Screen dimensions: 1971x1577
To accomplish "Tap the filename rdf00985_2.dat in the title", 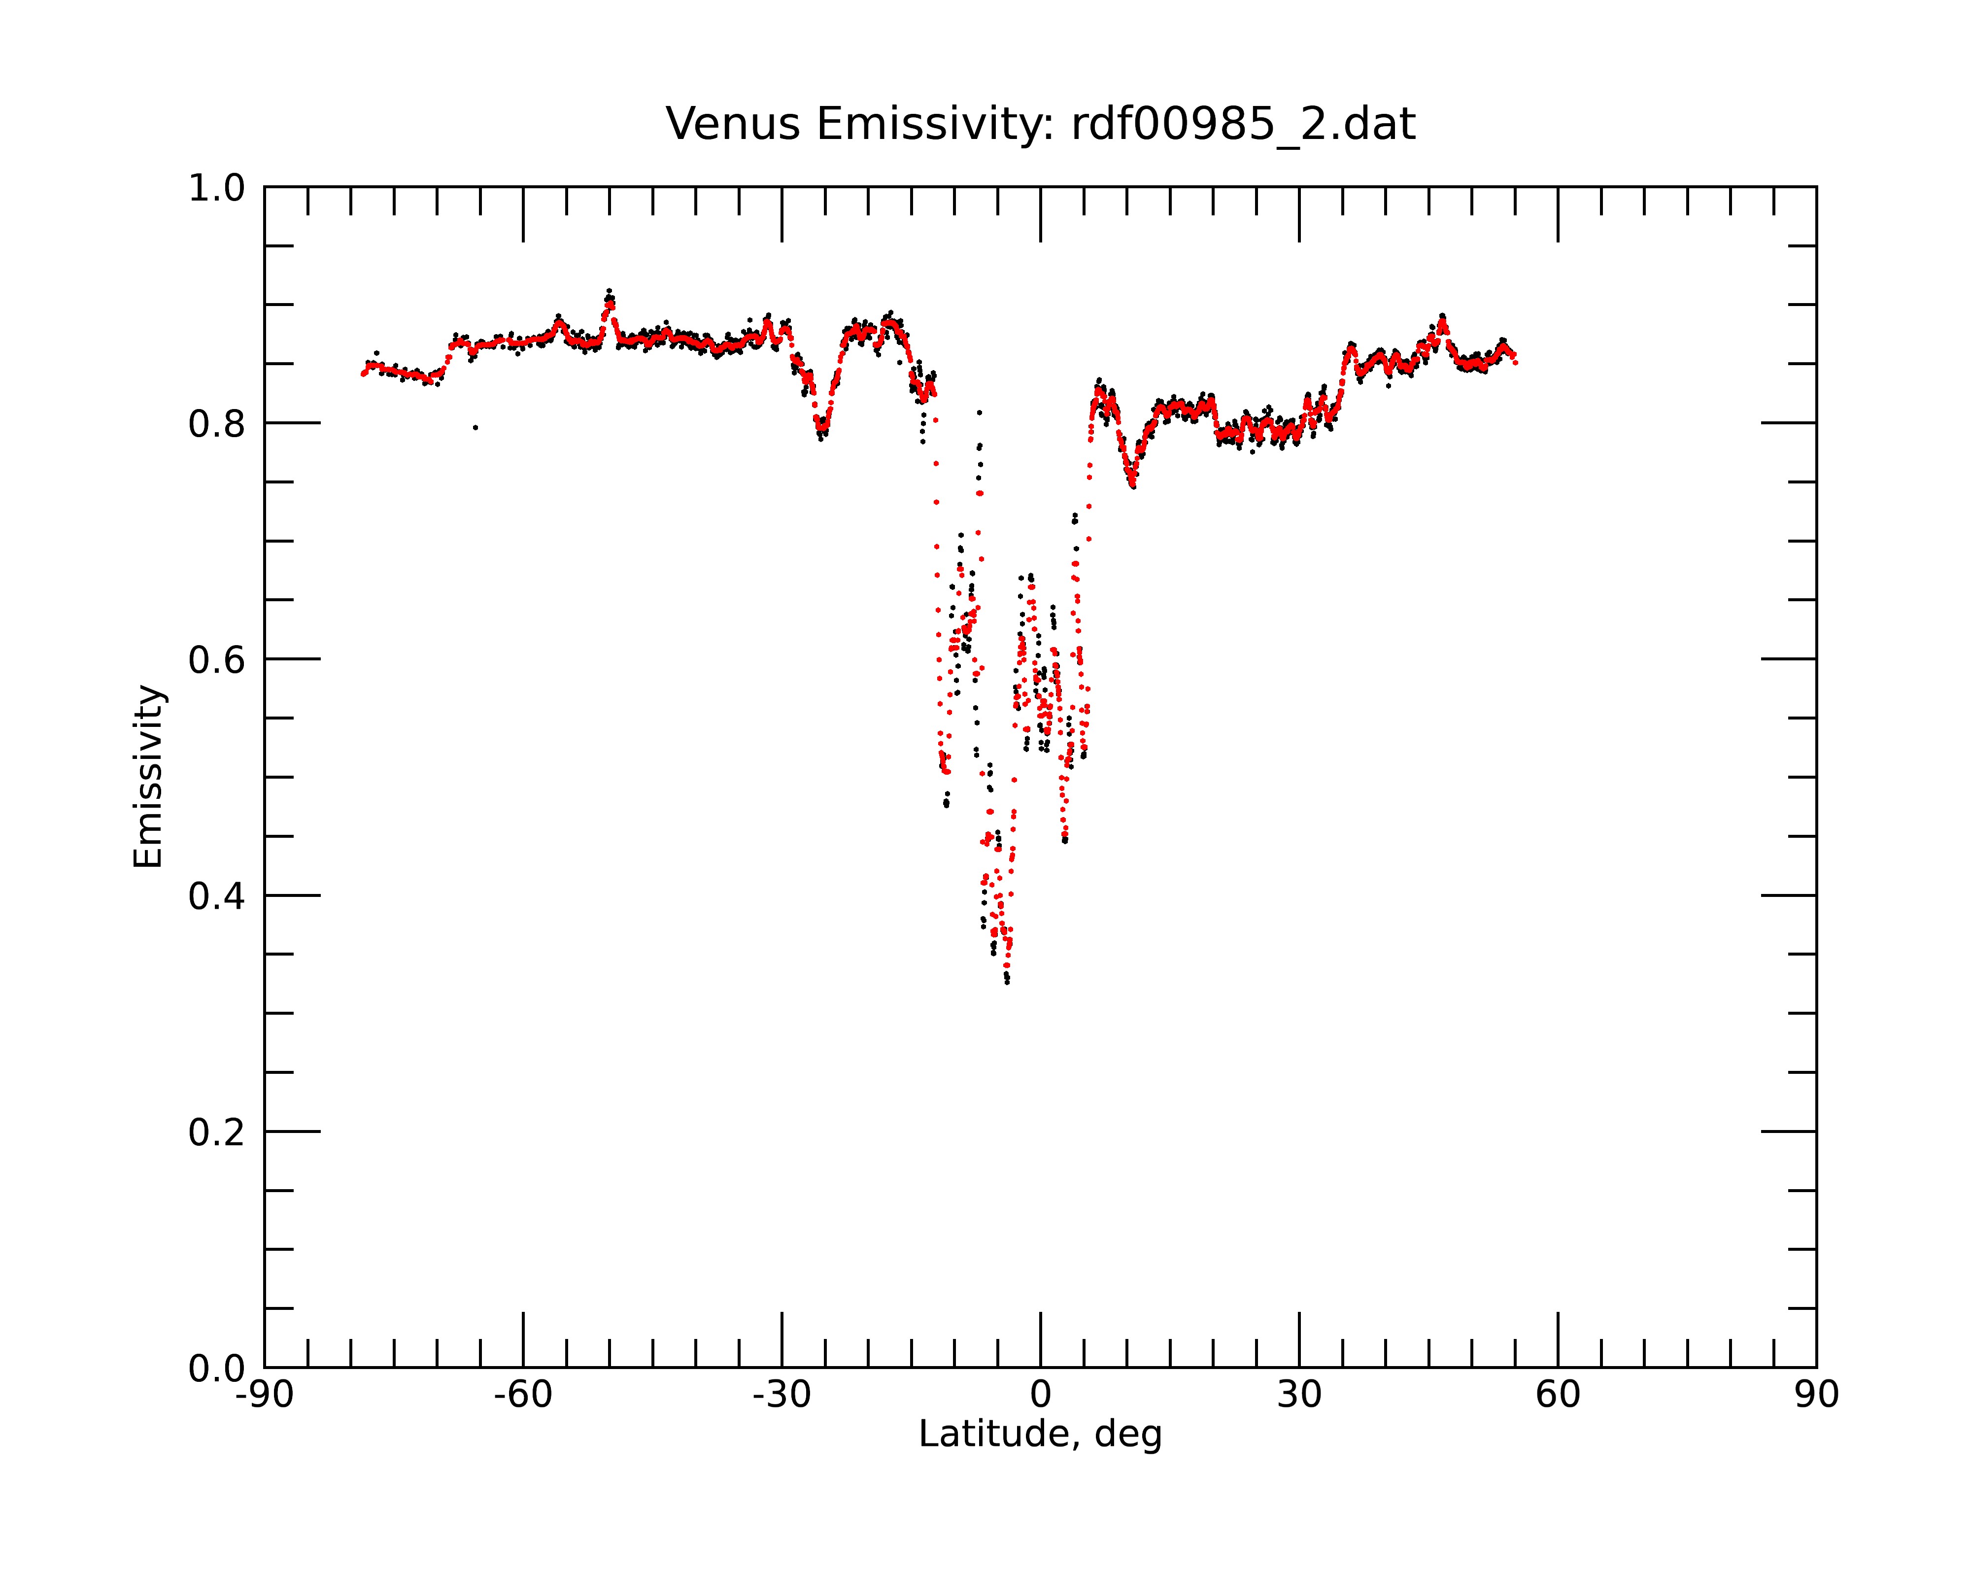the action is (x=1243, y=124).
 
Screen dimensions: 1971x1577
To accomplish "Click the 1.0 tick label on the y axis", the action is (x=217, y=189).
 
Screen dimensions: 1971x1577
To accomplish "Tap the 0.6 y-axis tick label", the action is (x=217, y=660).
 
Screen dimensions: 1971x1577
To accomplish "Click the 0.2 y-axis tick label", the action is (x=217, y=1132).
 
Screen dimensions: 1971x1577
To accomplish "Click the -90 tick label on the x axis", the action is (x=264, y=1395).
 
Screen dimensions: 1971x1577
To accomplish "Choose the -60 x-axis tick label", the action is (x=523, y=1395).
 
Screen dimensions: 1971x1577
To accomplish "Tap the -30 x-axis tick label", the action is (x=782, y=1395).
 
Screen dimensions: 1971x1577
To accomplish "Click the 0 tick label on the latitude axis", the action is (x=1040, y=1395).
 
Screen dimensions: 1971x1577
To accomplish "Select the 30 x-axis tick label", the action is (x=1299, y=1395).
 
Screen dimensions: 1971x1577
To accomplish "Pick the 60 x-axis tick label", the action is (x=1558, y=1395).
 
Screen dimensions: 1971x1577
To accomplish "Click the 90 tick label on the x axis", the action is (x=1816, y=1395).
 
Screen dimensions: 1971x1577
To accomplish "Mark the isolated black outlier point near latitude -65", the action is (x=476, y=428).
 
